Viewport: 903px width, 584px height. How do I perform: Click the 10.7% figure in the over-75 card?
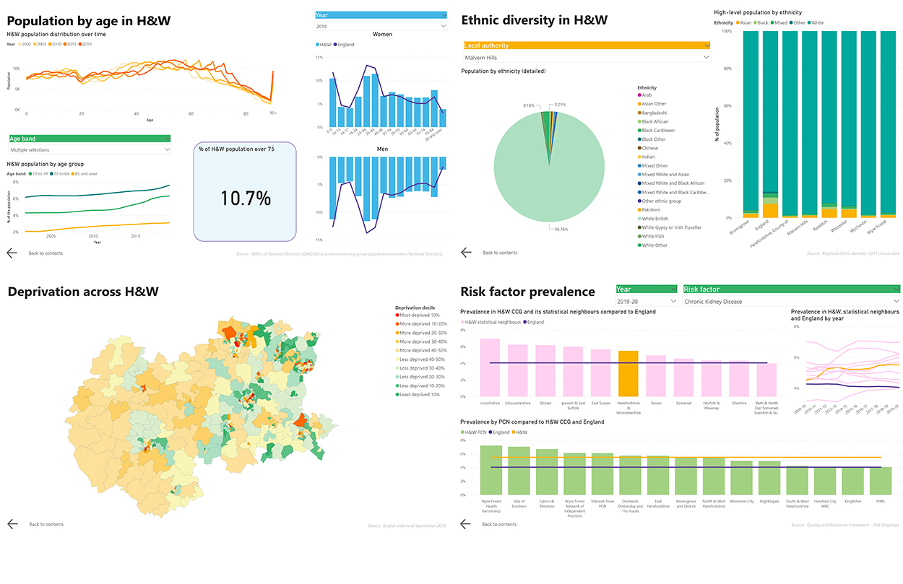(x=245, y=199)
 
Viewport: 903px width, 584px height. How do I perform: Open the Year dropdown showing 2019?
(x=381, y=26)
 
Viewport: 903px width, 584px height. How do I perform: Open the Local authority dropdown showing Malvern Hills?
(x=587, y=58)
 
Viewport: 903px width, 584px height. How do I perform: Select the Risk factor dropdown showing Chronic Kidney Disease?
(x=792, y=301)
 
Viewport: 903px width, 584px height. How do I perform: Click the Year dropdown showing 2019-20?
(x=647, y=301)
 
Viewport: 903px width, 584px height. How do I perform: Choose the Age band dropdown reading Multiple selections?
(x=90, y=149)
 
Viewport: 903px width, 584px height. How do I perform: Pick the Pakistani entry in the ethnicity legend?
(x=652, y=210)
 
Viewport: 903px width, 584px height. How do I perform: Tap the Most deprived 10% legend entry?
(x=420, y=315)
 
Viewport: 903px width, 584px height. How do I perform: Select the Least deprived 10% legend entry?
(x=420, y=394)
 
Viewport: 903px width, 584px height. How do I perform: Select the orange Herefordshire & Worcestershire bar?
(x=628, y=373)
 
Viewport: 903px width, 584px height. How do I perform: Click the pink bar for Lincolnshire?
(x=491, y=367)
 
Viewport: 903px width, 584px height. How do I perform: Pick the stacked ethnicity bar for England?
(x=771, y=123)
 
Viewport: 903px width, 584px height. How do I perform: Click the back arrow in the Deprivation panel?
(x=12, y=524)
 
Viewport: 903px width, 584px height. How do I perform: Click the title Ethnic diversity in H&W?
(x=534, y=20)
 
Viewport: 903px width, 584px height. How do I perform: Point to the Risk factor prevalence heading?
(x=528, y=292)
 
